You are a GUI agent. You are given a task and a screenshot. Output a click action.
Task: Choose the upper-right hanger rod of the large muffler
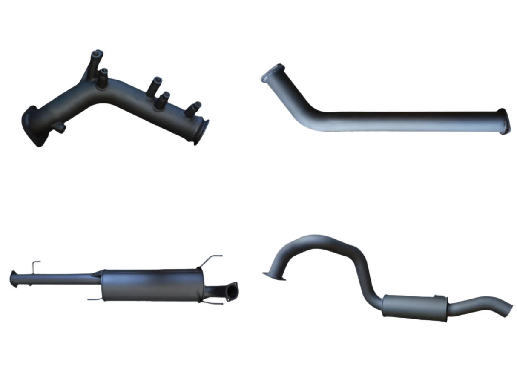(x=212, y=259)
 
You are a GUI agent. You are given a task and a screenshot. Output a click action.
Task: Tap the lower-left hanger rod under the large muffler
(x=95, y=299)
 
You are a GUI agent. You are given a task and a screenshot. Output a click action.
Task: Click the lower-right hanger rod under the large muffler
(x=213, y=303)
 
